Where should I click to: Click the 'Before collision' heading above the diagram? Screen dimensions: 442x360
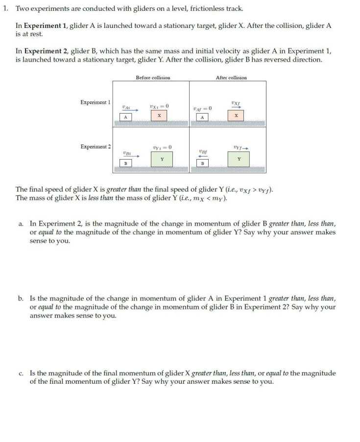click(x=153, y=77)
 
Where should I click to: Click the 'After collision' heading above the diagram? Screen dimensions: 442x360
click(x=231, y=77)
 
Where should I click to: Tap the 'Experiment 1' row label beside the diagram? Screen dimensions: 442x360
click(x=96, y=102)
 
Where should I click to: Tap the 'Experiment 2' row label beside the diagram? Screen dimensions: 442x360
click(x=96, y=146)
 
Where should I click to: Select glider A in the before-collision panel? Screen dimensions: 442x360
click(x=125, y=117)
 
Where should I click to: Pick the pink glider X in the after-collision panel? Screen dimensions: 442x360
click(x=237, y=116)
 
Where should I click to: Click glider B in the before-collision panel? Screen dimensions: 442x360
click(x=125, y=162)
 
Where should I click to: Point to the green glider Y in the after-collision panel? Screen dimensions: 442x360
click(x=239, y=159)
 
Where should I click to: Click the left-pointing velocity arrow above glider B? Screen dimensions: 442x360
click(x=203, y=156)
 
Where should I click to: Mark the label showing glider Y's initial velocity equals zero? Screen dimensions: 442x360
click(x=162, y=147)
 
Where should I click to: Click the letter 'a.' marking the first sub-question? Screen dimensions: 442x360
click(x=22, y=224)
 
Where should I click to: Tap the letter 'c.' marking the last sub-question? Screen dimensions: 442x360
click(x=22, y=373)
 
